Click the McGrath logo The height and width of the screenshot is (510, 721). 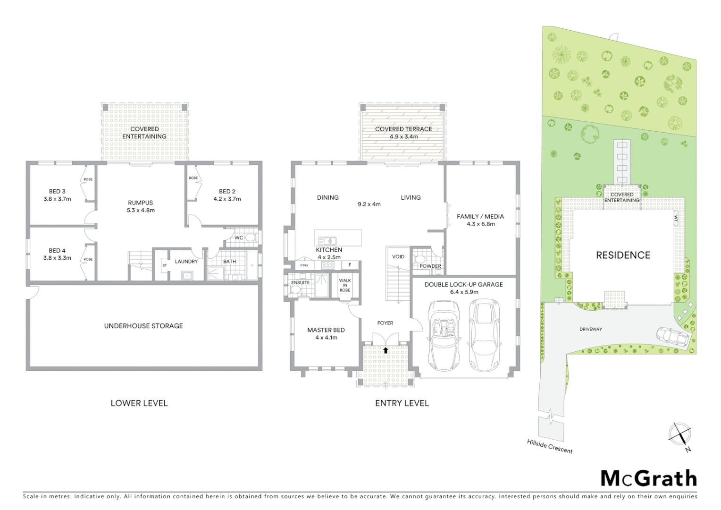[x=649, y=478]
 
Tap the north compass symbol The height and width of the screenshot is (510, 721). [x=680, y=434]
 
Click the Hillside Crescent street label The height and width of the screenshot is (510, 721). [x=550, y=446]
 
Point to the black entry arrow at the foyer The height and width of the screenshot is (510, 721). [x=386, y=350]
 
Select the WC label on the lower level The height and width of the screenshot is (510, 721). [x=239, y=238]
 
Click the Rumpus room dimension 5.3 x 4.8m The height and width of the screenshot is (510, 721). [x=141, y=211]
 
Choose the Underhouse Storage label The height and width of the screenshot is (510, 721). [x=143, y=326]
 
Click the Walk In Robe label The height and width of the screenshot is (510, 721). [x=345, y=285]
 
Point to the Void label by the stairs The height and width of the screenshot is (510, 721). [x=398, y=257]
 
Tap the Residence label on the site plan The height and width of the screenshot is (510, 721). [x=623, y=255]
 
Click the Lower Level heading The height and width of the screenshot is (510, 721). [x=139, y=403]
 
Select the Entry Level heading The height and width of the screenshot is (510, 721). [x=402, y=403]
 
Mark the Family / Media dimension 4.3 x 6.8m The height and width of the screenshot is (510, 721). [x=480, y=224]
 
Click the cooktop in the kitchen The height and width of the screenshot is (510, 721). [x=328, y=265]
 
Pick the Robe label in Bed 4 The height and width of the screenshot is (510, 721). [x=88, y=259]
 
